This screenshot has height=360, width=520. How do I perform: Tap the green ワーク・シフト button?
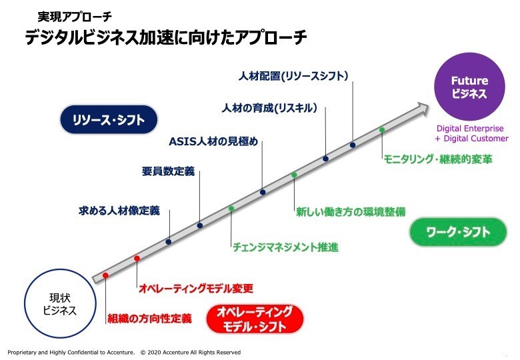pyautogui.click(x=459, y=233)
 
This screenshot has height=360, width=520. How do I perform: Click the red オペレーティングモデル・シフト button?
pyautogui.click(x=255, y=319)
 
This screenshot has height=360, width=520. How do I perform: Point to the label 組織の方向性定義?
pyautogui.click(x=149, y=319)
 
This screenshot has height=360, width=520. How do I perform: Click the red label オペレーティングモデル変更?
pyautogui.click(x=195, y=289)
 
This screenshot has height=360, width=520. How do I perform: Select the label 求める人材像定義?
pyautogui.click(x=119, y=211)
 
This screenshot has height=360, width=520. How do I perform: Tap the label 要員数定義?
pyautogui.click(x=168, y=171)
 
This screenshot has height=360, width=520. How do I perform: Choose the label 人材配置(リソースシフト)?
pyautogui.click(x=293, y=76)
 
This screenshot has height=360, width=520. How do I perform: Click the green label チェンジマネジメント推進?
pyautogui.click(x=285, y=247)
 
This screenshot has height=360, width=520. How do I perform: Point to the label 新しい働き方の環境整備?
pyautogui.click(x=351, y=213)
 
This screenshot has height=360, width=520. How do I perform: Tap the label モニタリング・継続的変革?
pyautogui.click(x=437, y=159)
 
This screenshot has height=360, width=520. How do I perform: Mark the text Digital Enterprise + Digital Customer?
pyautogui.click(x=471, y=133)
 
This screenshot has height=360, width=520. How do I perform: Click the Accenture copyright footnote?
pyautogui.click(x=124, y=352)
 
